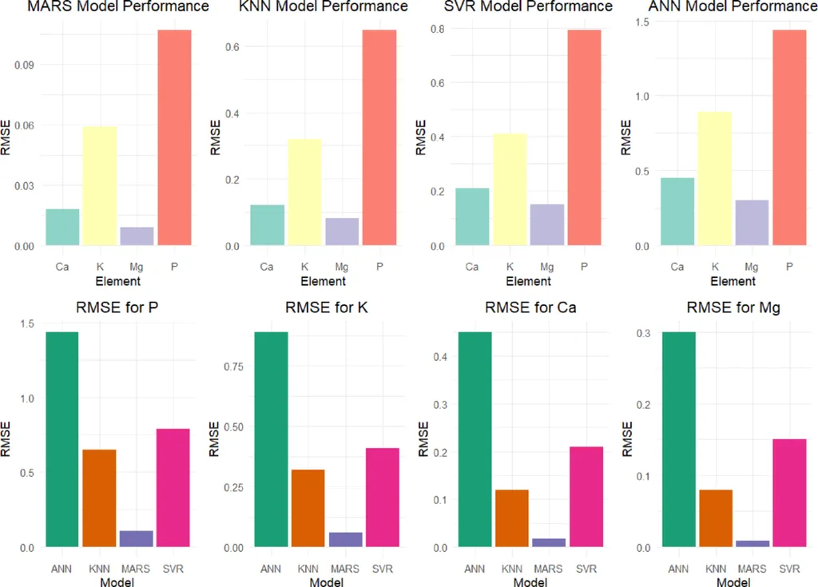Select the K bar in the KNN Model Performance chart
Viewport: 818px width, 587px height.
click(x=304, y=192)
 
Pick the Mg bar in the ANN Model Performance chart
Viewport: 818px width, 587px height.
click(x=751, y=223)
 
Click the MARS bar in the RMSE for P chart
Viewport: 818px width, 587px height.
click(x=136, y=539)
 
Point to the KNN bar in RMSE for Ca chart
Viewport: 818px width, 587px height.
click(x=511, y=519)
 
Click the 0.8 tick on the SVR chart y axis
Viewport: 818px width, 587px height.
click(x=437, y=30)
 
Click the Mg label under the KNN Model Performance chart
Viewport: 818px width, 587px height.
click(x=342, y=266)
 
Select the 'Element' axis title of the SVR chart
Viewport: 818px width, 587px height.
click(x=528, y=281)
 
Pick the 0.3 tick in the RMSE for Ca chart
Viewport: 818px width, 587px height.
click(x=437, y=406)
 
